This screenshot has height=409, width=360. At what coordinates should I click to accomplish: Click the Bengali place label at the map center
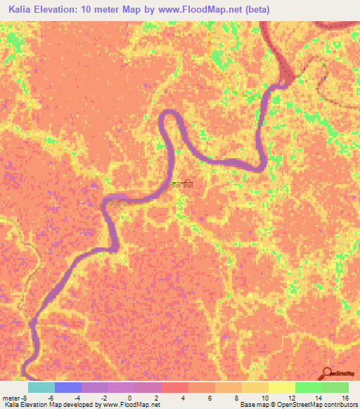182,186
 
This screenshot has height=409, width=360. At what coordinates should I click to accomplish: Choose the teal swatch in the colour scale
41,387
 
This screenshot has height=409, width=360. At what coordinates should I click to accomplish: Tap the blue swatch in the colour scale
68,387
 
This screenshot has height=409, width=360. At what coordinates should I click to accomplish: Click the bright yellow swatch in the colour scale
282,387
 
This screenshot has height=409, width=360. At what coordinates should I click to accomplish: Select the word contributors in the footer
337,405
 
